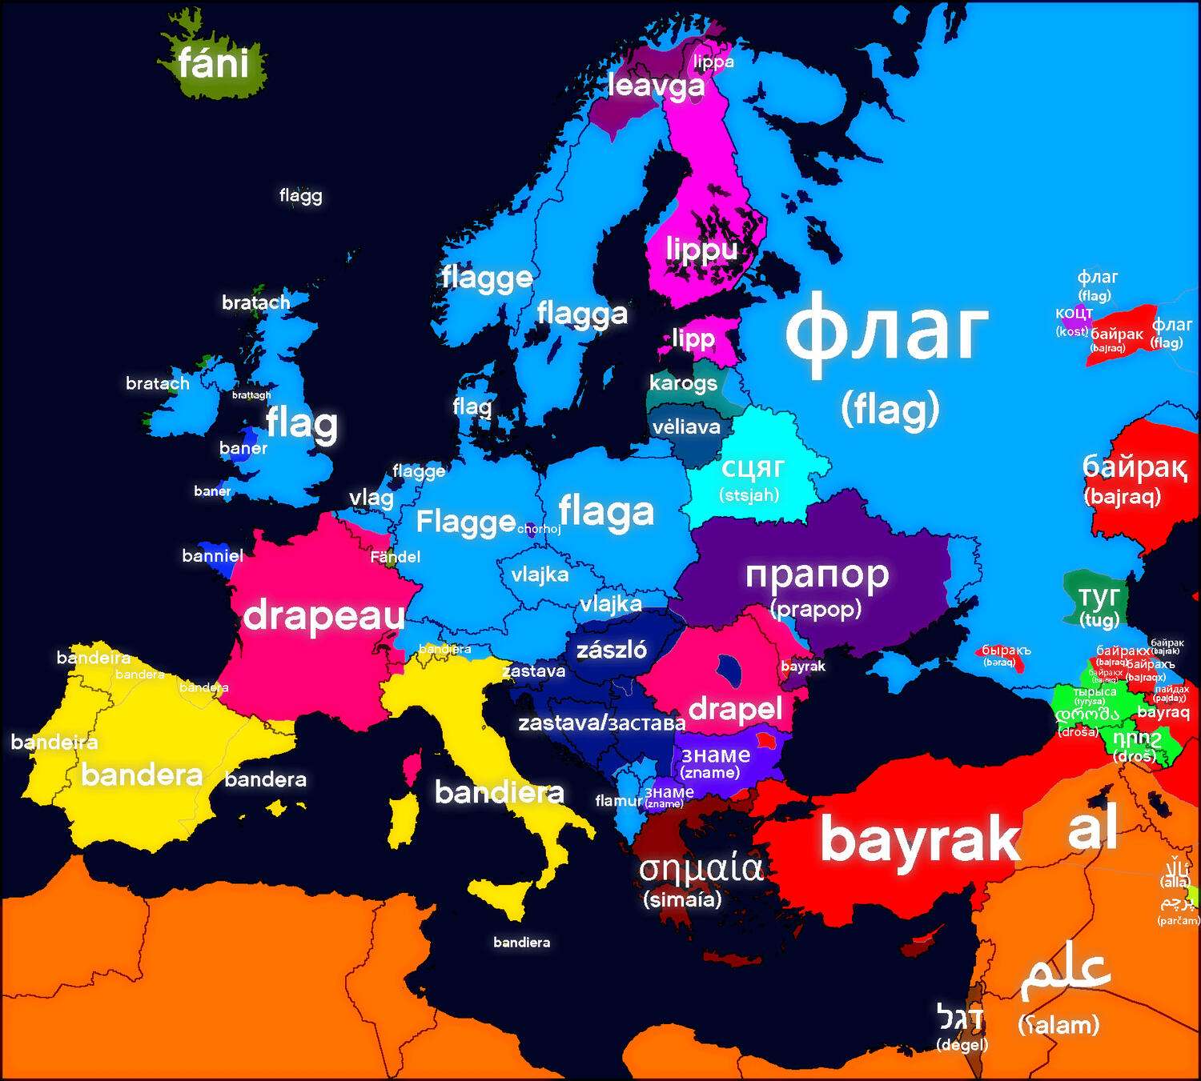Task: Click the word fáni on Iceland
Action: coord(213,62)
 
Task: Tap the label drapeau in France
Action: coord(323,615)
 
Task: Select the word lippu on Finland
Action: coord(701,250)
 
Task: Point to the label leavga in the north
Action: coord(656,86)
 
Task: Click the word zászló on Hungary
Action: coord(612,649)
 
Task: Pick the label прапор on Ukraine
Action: coord(817,574)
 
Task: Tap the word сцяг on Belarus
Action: coord(752,467)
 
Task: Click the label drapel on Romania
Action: coord(735,708)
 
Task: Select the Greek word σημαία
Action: coord(701,867)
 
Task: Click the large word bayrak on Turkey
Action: coord(919,839)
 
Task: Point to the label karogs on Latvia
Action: coord(683,382)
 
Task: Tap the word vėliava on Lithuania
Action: coord(686,426)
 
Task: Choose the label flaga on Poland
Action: coord(606,512)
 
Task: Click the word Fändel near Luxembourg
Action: coord(395,556)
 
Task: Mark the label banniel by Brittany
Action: coord(212,555)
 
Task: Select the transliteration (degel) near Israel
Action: coord(962,1045)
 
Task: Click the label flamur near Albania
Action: coord(618,800)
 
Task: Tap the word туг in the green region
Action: coord(1099,597)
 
